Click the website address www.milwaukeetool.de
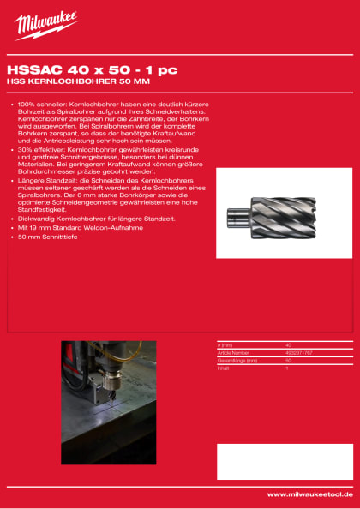pos(311,494)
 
